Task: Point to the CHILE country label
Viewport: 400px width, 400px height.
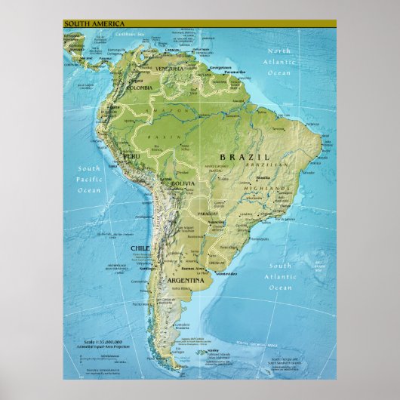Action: coord(140,248)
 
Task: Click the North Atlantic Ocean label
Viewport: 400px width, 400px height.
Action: coord(279,62)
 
